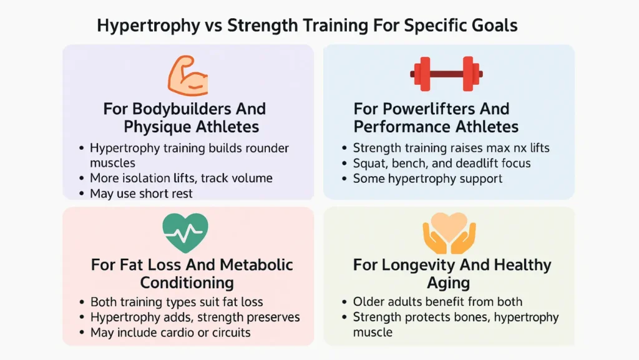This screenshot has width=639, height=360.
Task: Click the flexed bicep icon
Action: coord(187,75)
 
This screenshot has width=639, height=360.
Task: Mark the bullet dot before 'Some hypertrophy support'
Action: coord(344,178)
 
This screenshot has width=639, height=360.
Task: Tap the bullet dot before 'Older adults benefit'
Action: coord(344,302)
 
